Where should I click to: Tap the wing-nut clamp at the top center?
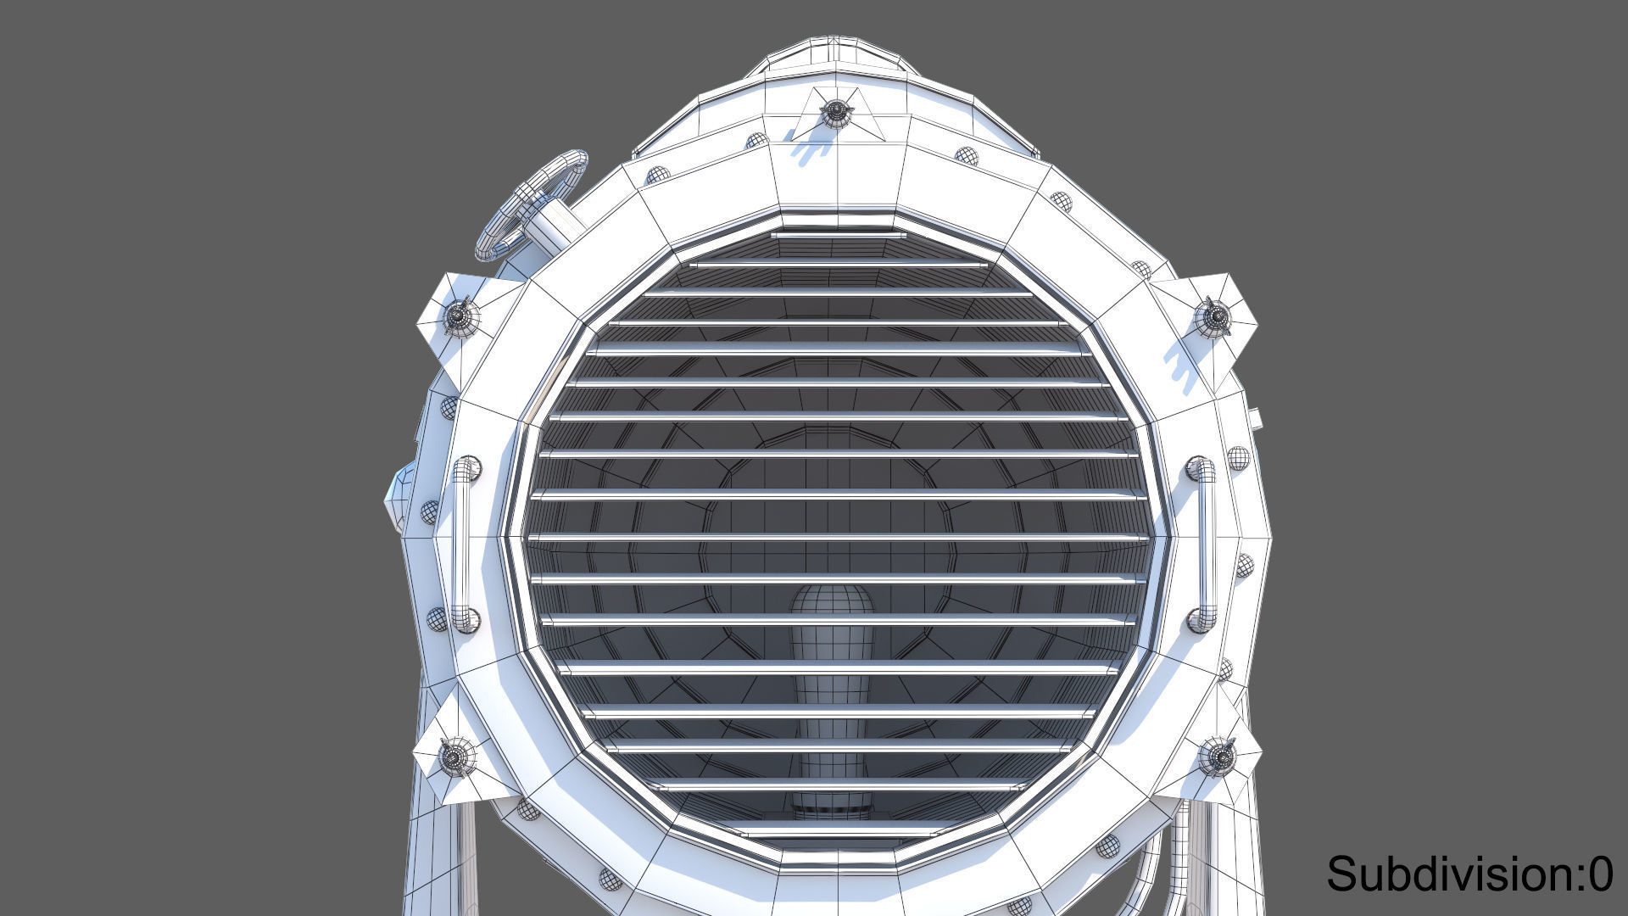(x=836, y=110)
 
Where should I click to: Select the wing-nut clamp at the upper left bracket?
(x=459, y=316)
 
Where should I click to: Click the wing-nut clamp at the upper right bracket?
(x=1214, y=316)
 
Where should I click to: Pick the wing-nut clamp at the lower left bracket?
(x=454, y=755)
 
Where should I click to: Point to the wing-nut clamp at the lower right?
(x=1218, y=755)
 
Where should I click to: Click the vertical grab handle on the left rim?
(x=463, y=543)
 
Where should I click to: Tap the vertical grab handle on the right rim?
(x=1204, y=543)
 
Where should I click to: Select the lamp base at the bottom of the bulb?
(x=832, y=806)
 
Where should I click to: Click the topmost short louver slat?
(x=838, y=233)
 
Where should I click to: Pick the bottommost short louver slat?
(x=838, y=834)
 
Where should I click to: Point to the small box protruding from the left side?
(x=397, y=496)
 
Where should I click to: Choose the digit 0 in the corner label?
(x=1600, y=874)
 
